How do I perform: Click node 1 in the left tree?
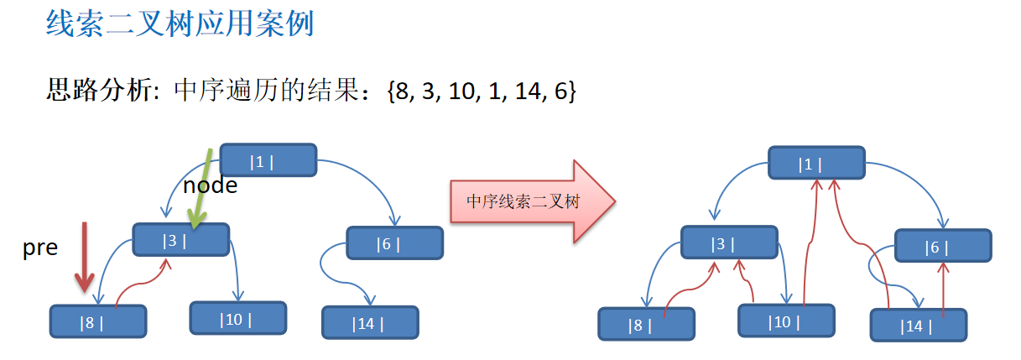pyautogui.click(x=268, y=160)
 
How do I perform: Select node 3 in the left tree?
pyautogui.click(x=181, y=240)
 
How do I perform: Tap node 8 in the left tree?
pyautogui.click(x=98, y=321)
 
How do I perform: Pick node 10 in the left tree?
pyautogui.click(x=238, y=318)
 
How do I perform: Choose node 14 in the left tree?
pyautogui.click(x=370, y=322)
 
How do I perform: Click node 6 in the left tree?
pyautogui.click(x=395, y=243)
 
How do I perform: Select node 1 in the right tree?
pyautogui.click(x=817, y=163)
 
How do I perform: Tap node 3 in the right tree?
pyautogui.click(x=729, y=243)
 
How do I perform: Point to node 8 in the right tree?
pyautogui.click(x=647, y=324)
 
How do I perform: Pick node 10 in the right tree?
pyautogui.click(x=787, y=321)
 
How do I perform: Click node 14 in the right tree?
pyautogui.click(x=919, y=326)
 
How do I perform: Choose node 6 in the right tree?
pyautogui.click(x=943, y=246)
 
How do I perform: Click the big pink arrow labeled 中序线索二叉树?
pyautogui.click(x=533, y=201)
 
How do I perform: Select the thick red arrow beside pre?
pyautogui.click(x=85, y=258)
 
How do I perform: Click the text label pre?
pyautogui.click(x=40, y=248)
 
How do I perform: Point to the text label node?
pyautogui.click(x=210, y=185)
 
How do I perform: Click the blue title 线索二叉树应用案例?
pyautogui.click(x=180, y=23)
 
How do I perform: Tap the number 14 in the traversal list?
pyautogui.click(x=528, y=91)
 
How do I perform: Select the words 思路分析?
pyautogui.click(x=99, y=90)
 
